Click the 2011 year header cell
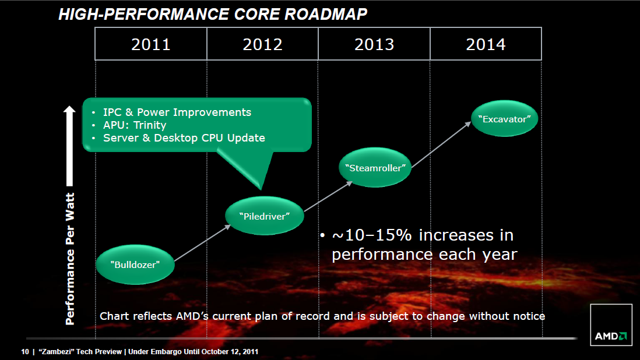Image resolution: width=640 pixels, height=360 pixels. point(151,44)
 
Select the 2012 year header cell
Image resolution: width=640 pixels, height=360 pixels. point(262,44)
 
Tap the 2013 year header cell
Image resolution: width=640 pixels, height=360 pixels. point(374,44)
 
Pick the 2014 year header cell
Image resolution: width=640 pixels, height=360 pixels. point(486,44)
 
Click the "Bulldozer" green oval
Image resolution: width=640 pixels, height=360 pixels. point(135,264)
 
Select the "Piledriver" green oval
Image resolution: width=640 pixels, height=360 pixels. point(264,216)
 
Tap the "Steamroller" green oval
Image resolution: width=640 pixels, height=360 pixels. point(375,167)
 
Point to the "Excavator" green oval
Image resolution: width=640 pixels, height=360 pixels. point(504,119)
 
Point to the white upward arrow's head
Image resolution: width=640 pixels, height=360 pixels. point(69,111)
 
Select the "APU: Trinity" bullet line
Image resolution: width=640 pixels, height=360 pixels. point(135,125)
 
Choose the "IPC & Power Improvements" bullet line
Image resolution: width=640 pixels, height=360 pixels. point(177,112)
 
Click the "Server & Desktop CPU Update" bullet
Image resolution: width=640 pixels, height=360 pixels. point(184,138)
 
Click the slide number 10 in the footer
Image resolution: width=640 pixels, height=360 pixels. point(24,352)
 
